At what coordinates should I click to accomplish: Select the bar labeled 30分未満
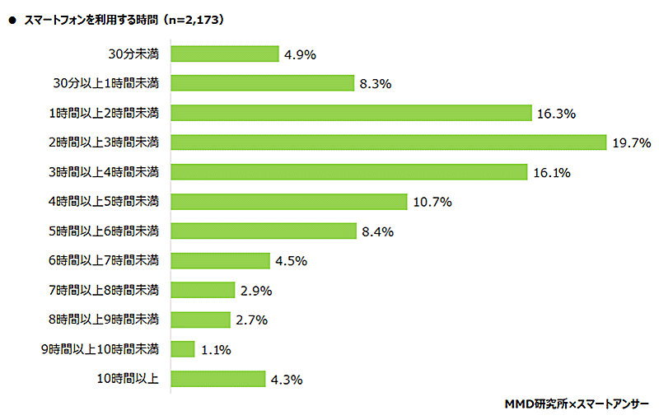pyautogui.click(x=225, y=54)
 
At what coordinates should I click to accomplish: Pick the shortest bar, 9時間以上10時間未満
pyautogui.click(x=183, y=349)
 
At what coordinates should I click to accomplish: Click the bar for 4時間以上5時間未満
pyautogui.click(x=289, y=201)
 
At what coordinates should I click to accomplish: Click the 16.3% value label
pyautogui.click(x=555, y=113)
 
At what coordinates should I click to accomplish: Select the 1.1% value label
pyautogui.click(x=215, y=350)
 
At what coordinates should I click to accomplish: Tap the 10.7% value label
pyautogui.click(x=431, y=202)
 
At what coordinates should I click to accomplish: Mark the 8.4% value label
pyautogui.click(x=377, y=231)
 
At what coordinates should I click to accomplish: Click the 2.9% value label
pyautogui.click(x=255, y=291)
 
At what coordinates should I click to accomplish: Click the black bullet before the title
pyautogui.click(x=12, y=17)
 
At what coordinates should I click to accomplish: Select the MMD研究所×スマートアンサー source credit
pyautogui.click(x=576, y=404)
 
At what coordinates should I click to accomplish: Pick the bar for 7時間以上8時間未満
pyautogui.click(x=203, y=290)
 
